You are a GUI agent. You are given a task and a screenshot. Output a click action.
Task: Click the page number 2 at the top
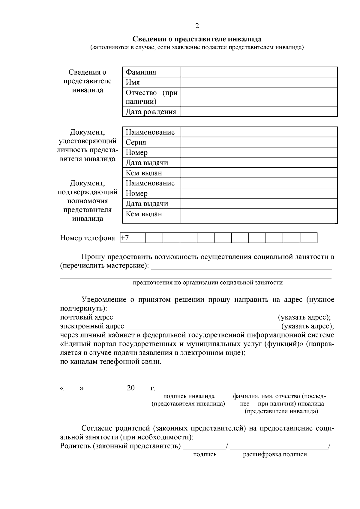tap(197, 26)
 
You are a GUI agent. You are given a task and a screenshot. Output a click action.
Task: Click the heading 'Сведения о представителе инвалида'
tap(197, 39)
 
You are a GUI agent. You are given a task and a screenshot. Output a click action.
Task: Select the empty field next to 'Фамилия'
tap(259, 72)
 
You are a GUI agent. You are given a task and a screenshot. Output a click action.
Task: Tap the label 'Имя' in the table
tap(133, 82)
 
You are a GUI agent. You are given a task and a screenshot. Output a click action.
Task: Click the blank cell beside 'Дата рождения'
tap(259, 112)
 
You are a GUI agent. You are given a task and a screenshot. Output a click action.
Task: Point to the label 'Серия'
tap(136, 142)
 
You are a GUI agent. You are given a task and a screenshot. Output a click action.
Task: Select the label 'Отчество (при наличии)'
tap(151, 97)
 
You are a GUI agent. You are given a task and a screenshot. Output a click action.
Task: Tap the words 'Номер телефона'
tap(87, 238)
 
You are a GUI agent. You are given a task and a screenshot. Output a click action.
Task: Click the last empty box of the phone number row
tap(308, 238)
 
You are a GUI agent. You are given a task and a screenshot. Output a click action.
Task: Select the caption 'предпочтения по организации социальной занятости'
tap(208, 283)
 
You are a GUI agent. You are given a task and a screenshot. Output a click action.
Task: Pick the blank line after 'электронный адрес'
tap(202, 327)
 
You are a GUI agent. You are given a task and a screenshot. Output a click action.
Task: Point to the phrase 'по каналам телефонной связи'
tap(111, 362)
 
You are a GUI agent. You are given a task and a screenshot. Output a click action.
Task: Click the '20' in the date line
tap(131, 388)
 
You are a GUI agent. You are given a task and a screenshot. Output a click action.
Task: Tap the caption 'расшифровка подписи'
tap(275, 454)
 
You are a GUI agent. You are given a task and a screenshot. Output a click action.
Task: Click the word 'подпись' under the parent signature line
tap(205, 454)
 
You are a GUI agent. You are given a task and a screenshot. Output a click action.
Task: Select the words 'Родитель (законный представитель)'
tap(120, 446)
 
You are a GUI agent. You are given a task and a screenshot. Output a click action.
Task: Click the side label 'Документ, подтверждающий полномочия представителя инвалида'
tap(88, 201)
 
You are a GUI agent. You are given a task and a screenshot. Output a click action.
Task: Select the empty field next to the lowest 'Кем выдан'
tap(259, 216)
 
